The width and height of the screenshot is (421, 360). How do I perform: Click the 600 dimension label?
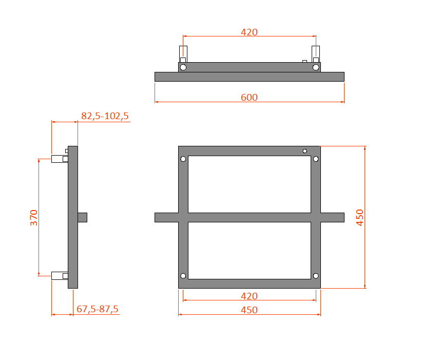pyautogui.click(x=249, y=97)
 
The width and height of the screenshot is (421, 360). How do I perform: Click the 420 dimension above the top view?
pyautogui.click(x=249, y=32)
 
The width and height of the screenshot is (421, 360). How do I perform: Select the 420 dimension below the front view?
pyautogui.click(x=249, y=296)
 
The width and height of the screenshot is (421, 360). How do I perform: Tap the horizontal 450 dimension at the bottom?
pyautogui.click(x=249, y=310)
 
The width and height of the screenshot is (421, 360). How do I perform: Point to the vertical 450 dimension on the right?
pyautogui.click(x=359, y=217)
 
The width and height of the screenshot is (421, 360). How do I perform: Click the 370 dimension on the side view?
pyautogui.click(x=34, y=217)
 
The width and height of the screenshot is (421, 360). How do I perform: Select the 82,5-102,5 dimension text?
pyautogui.click(x=105, y=116)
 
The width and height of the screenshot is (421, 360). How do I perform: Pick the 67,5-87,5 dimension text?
pyautogui.click(x=98, y=309)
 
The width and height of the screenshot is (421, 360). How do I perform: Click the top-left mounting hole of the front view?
pyautogui.click(x=183, y=159)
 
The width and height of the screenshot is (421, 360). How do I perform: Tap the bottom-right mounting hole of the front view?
pyautogui.click(x=316, y=276)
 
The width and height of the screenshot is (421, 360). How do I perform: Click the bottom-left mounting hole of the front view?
pyautogui.click(x=183, y=276)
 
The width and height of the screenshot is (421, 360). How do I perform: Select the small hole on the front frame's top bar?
pyautogui.click(x=305, y=151)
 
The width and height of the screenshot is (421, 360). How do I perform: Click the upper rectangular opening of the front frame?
pyautogui.click(x=249, y=184)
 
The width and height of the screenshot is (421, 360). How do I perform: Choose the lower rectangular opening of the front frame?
pyautogui.click(x=249, y=250)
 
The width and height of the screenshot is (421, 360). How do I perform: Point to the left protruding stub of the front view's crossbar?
pyautogui.click(x=166, y=217)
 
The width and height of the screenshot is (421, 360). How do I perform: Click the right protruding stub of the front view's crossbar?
pyautogui.click(x=332, y=217)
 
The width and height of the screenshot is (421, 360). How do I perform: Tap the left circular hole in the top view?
pyautogui.click(x=183, y=67)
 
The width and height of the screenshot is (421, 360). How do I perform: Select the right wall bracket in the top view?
pyautogui.click(x=316, y=53)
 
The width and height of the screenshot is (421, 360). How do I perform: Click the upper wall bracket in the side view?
pyautogui.click(x=59, y=159)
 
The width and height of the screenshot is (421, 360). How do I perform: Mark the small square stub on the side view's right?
pyautogui.click(x=83, y=217)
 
